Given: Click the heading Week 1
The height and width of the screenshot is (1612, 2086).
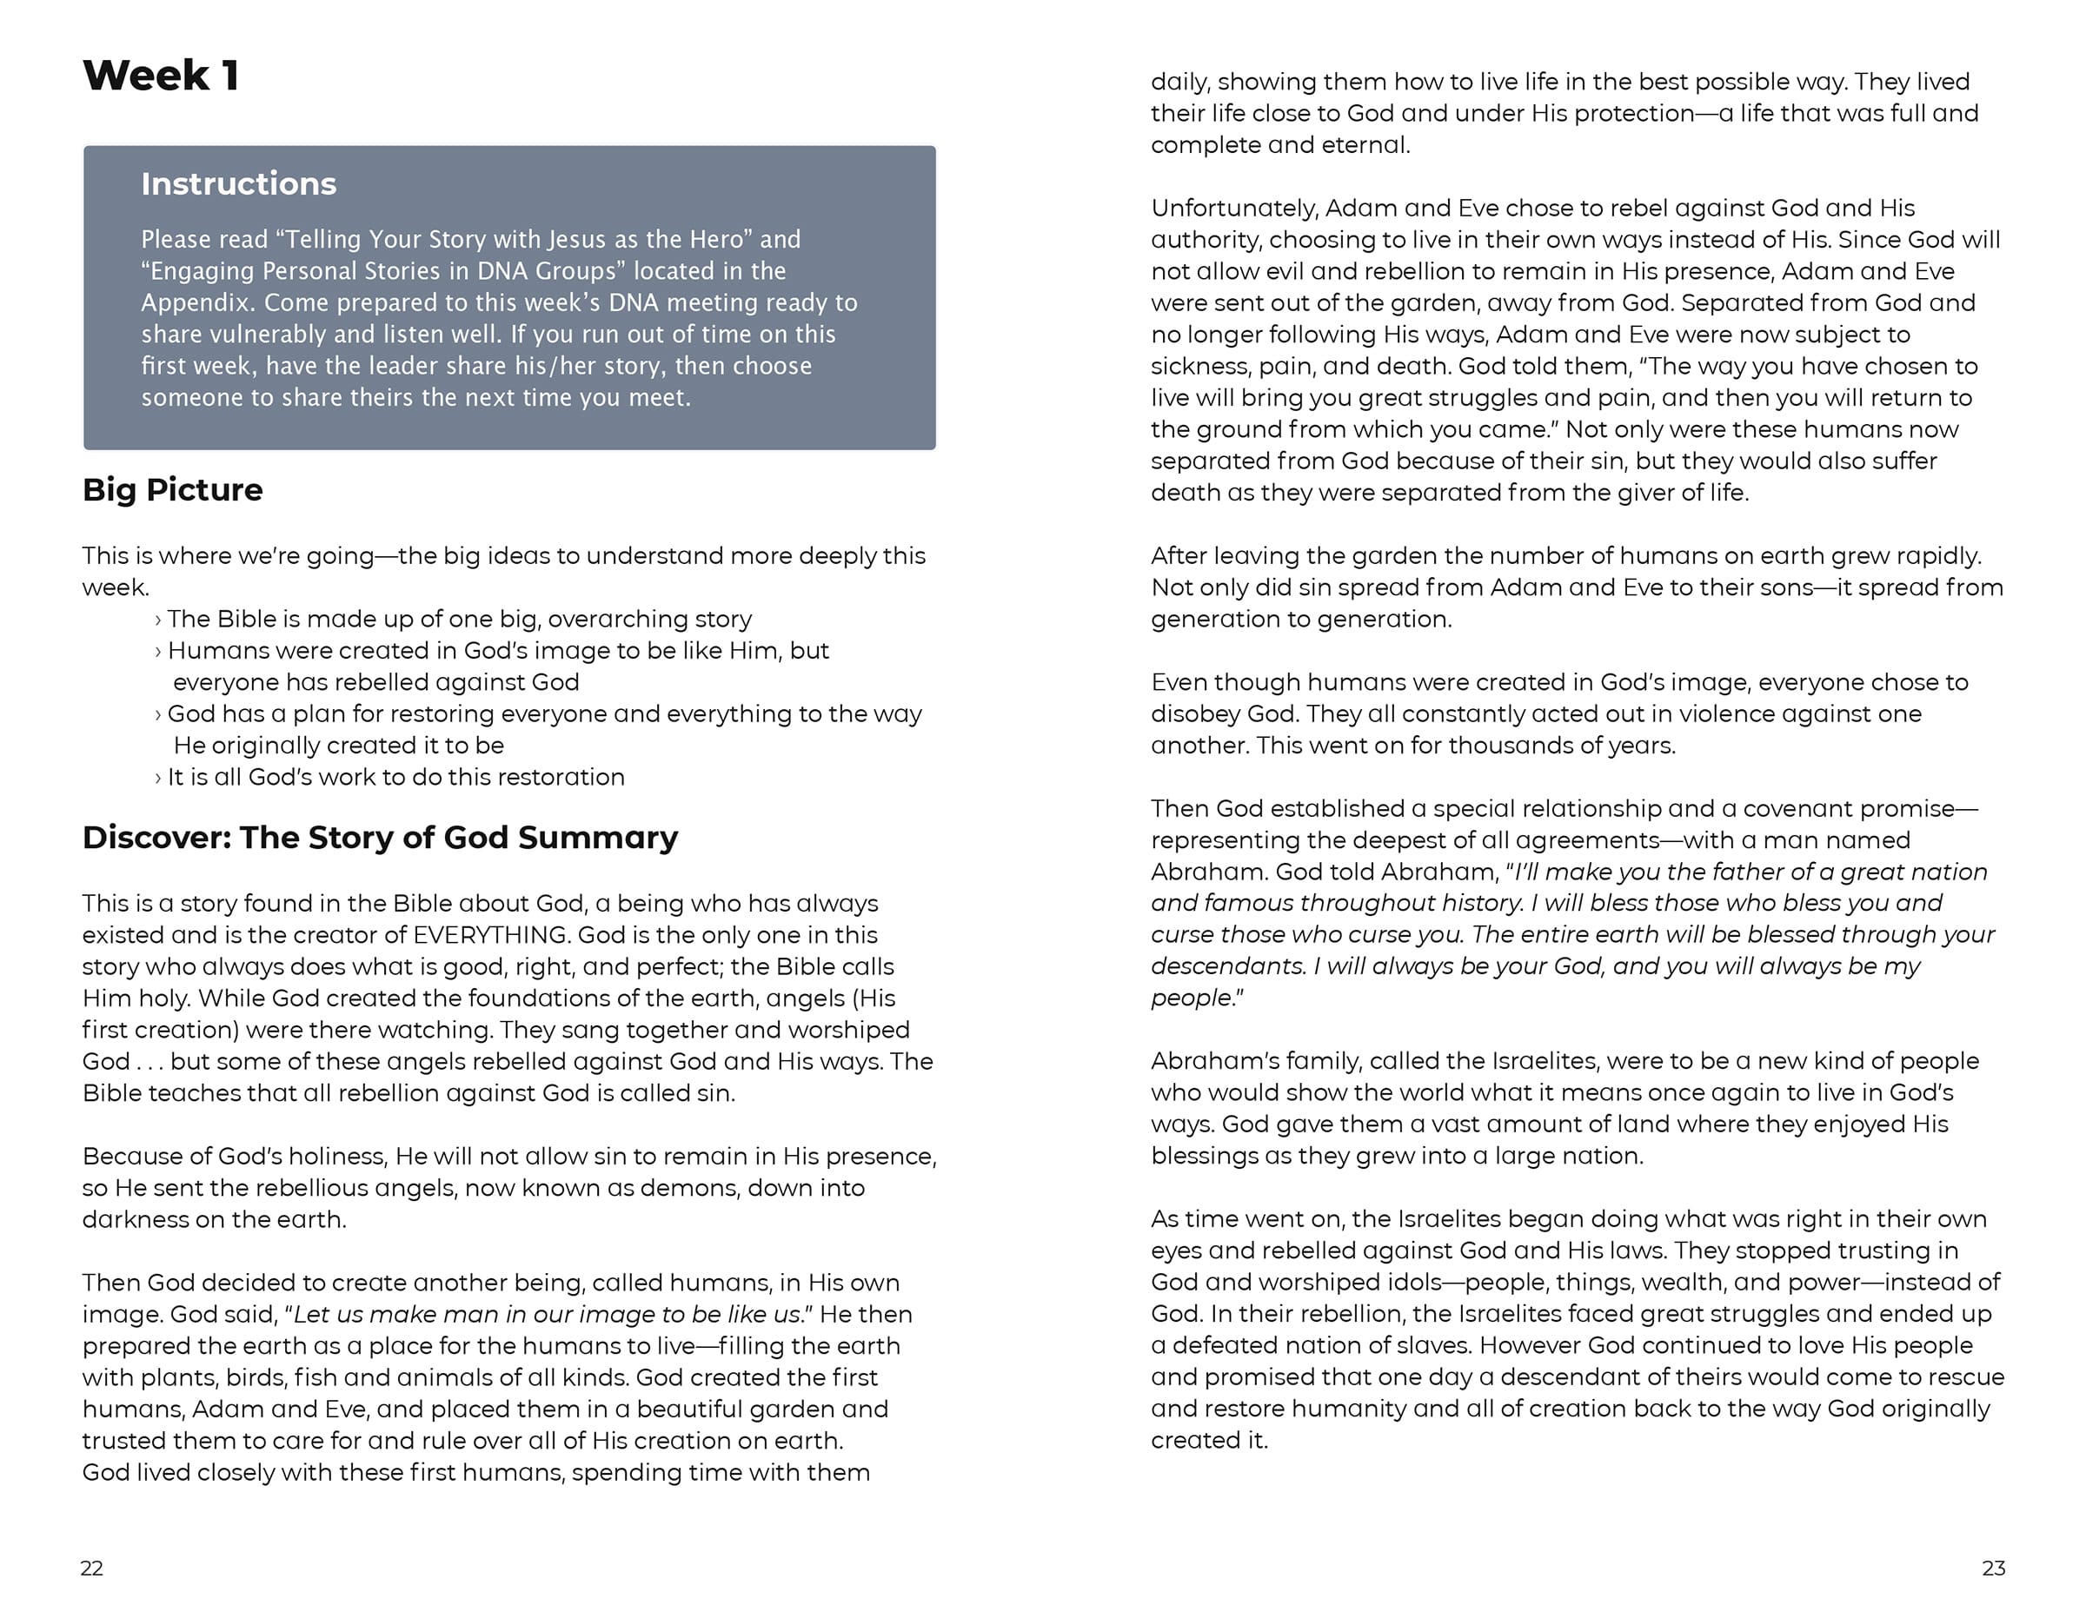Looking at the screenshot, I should (x=161, y=76).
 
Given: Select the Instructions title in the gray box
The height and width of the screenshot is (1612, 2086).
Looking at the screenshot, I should (x=239, y=183).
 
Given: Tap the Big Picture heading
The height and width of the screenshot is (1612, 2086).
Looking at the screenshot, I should (x=172, y=490).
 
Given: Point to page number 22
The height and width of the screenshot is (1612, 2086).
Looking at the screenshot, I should (x=91, y=1568).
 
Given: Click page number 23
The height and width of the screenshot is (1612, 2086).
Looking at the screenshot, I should (x=1993, y=1568).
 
